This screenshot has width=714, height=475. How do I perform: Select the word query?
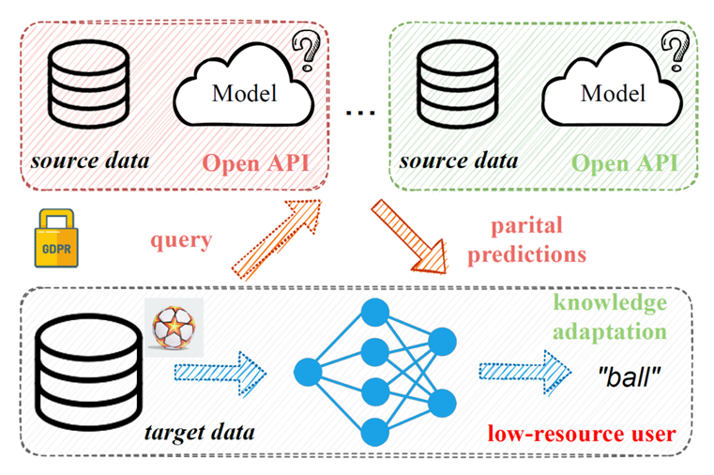[181, 240]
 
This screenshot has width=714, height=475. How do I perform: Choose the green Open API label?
[625, 161]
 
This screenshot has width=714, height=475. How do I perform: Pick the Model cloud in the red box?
[244, 93]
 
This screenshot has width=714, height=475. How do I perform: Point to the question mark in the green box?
[672, 47]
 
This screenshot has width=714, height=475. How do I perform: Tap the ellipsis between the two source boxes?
[360, 112]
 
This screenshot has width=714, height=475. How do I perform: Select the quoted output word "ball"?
[628, 376]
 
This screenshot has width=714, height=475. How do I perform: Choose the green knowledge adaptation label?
[611, 317]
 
